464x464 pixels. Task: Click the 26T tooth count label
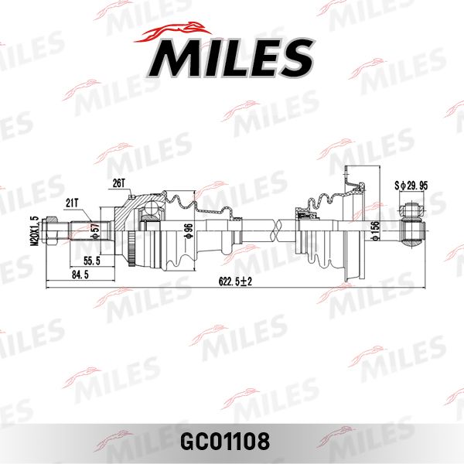click(x=118, y=183)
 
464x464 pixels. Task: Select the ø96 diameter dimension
click(x=188, y=230)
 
